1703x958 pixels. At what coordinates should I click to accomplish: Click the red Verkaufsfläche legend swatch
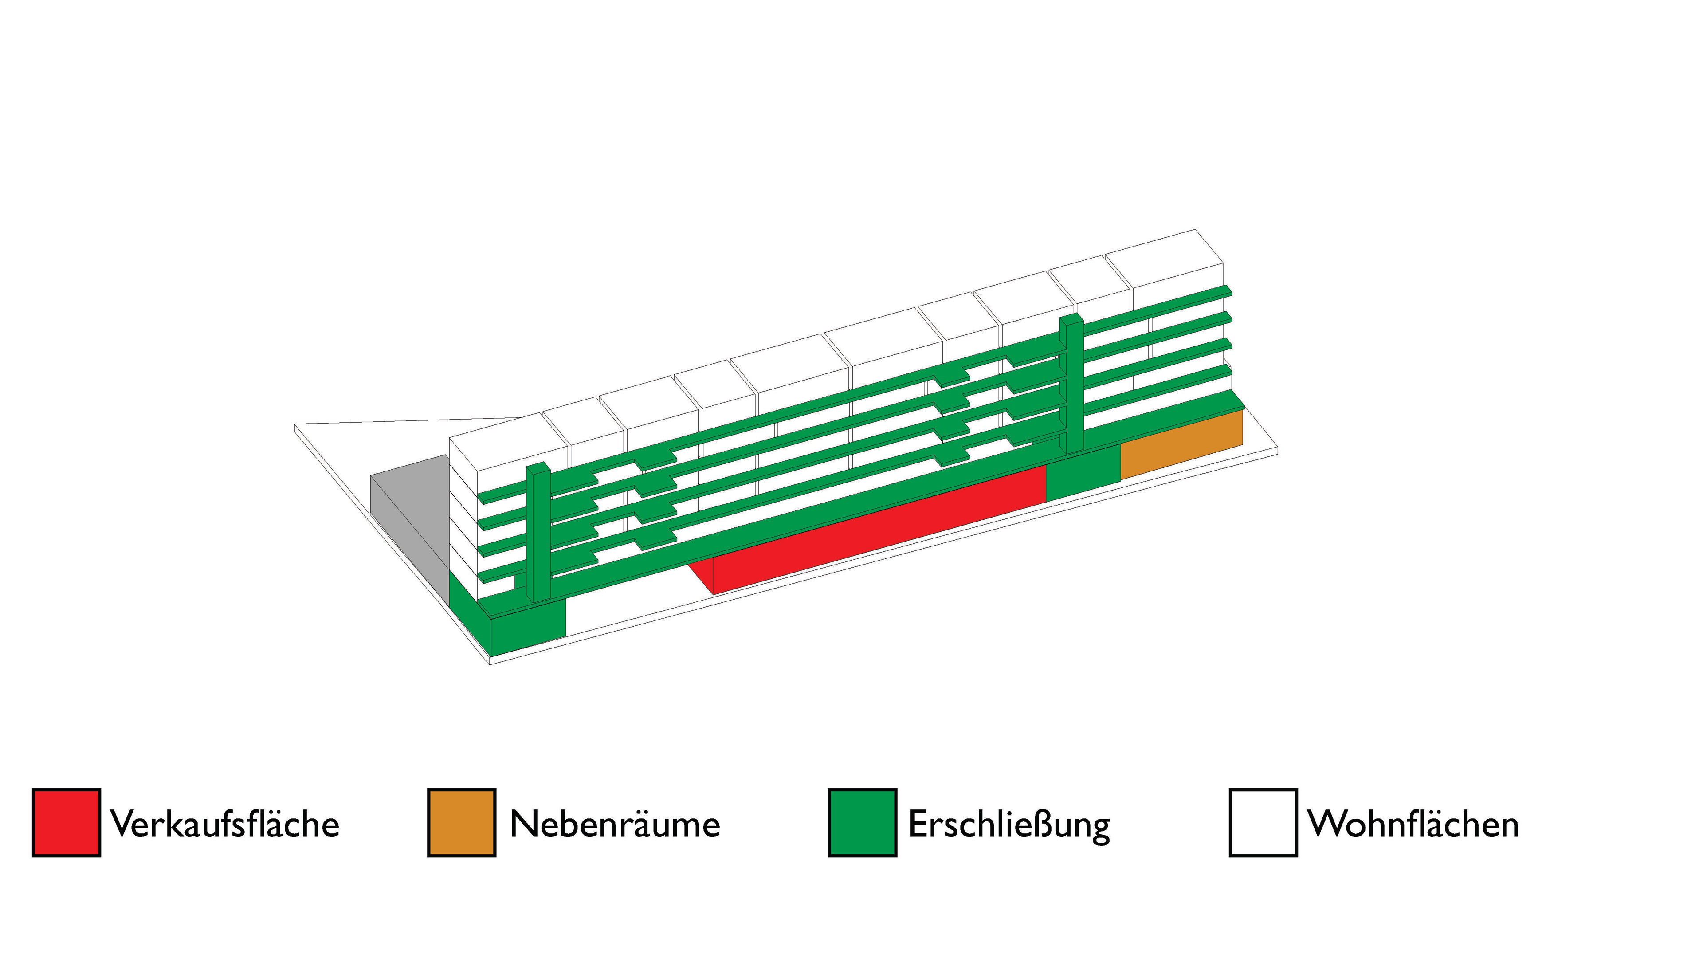coord(66,822)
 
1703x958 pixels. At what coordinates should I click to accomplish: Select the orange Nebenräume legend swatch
coord(461,822)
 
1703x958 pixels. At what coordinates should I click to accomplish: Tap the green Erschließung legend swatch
coord(862,822)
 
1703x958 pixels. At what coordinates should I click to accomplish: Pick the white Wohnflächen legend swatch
coord(1263,822)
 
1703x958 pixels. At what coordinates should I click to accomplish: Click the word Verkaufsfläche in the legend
coord(225,824)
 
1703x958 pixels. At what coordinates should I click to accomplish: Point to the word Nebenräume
coord(615,824)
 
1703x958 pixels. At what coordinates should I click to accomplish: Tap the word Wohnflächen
coord(1413,824)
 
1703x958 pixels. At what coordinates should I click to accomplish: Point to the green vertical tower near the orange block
coord(1072,384)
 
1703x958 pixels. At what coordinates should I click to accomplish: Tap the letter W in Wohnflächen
coord(1326,824)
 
